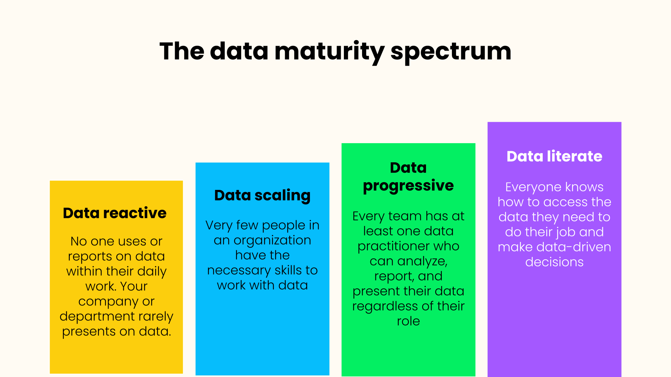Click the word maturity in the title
coord(329,52)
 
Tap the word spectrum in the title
coord(451,52)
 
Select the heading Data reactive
coord(115,213)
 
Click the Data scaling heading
coord(262,195)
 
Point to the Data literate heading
coord(554,156)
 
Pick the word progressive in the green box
coord(408,186)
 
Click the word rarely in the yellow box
coord(156,316)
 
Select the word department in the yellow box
coord(97,316)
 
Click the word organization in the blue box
coord(272,240)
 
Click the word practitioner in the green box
coord(394,246)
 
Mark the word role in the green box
coord(408,321)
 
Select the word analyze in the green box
coord(422,261)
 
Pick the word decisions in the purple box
coord(554,262)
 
